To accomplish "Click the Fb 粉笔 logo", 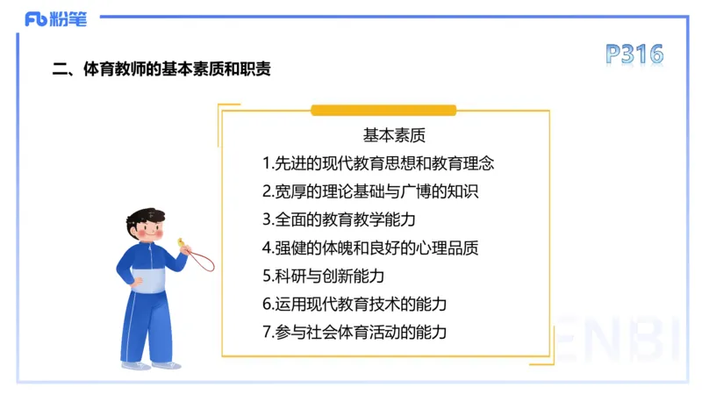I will point(55,18).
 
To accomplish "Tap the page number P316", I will point(634,54).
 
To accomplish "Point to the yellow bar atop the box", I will point(383,111).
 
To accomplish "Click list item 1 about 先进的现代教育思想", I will point(378,163).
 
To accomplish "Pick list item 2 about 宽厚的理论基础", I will point(369,191).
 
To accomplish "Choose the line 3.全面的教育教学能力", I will point(338,219).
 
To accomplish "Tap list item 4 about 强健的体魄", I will point(369,248).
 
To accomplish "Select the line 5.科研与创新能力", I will point(323,276).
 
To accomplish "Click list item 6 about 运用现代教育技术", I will point(355,304).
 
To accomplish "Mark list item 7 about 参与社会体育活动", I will point(355,332).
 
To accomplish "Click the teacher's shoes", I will point(149,364).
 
